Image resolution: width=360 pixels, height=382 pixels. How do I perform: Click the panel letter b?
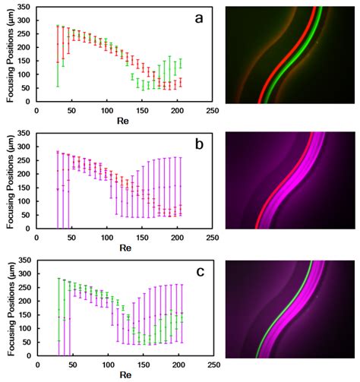coord(198,140)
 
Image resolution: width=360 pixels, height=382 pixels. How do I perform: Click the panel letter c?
coord(198,267)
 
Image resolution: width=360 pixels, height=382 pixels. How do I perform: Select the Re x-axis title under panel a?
coord(125,120)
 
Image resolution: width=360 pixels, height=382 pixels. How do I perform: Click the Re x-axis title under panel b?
coord(125,247)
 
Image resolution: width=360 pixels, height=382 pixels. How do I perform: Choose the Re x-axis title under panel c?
coord(125,374)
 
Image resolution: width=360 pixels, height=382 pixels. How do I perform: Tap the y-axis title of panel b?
coord(7,181)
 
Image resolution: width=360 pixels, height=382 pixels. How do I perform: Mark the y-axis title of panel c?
coord(7,308)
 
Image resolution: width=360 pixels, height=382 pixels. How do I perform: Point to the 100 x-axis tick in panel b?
coord(106,236)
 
